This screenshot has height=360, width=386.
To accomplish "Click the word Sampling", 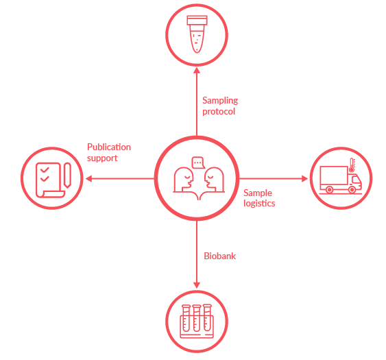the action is pyautogui.click(x=220, y=101).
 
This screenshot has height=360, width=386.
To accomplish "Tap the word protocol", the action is pyautogui.click(x=219, y=112).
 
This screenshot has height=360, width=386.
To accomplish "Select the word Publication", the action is pyautogui.click(x=109, y=147).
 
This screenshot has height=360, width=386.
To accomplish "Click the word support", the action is pyautogui.click(x=102, y=158).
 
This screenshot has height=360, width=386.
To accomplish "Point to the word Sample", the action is pyautogui.click(x=258, y=193).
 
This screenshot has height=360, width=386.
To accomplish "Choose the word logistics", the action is pyautogui.click(x=259, y=204).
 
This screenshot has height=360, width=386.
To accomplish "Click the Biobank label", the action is pyautogui.click(x=220, y=256).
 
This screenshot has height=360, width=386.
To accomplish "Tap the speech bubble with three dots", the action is pyautogui.click(x=198, y=163).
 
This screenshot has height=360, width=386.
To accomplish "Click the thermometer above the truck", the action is pyautogui.click(x=352, y=165).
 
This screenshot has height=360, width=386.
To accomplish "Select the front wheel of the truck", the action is pyautogui.click(x=352, y=190).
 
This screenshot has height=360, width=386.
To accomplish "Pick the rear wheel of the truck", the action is pyautogui.click(x=329, y=190).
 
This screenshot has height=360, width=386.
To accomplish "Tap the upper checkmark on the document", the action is pyautogui.click(x=45, y=169).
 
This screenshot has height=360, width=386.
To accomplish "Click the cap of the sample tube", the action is pyautogui.click(x=197, y=20).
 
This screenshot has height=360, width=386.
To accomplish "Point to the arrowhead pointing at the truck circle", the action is pyautogui.click(x=305, y=178).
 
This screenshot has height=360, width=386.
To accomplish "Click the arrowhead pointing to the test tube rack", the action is pyautogui.click(x=197, y=285).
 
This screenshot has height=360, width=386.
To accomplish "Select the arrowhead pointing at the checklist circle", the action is pyautogui.click(x=88, y=178).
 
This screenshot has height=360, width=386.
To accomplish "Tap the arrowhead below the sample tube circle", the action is pyautogui.click(x=197, y=71).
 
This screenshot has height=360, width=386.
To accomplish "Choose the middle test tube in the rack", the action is pyautogui.click(x=197, y=318).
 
